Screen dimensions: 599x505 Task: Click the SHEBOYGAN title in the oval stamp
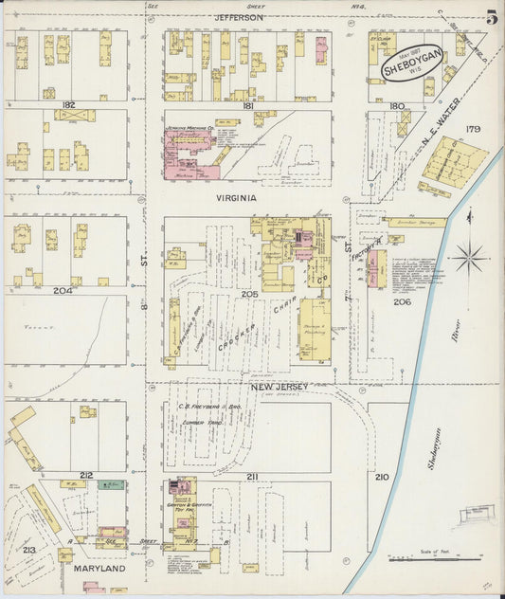pos(412,67)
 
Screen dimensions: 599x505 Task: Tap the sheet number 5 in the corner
pos(493,16)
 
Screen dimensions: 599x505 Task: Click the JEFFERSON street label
pos(238,17)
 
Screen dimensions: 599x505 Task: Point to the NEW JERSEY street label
pos(276,388)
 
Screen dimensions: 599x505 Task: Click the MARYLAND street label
pos(99,569)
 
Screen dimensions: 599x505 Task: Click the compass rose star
pos(469,257)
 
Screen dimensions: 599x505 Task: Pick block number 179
pos(473,129)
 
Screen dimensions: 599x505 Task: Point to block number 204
pos(63,290)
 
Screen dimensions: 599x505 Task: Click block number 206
pos(402,301)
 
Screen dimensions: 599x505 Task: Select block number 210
pos(382,477)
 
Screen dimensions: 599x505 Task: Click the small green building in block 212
pos(113,484)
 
